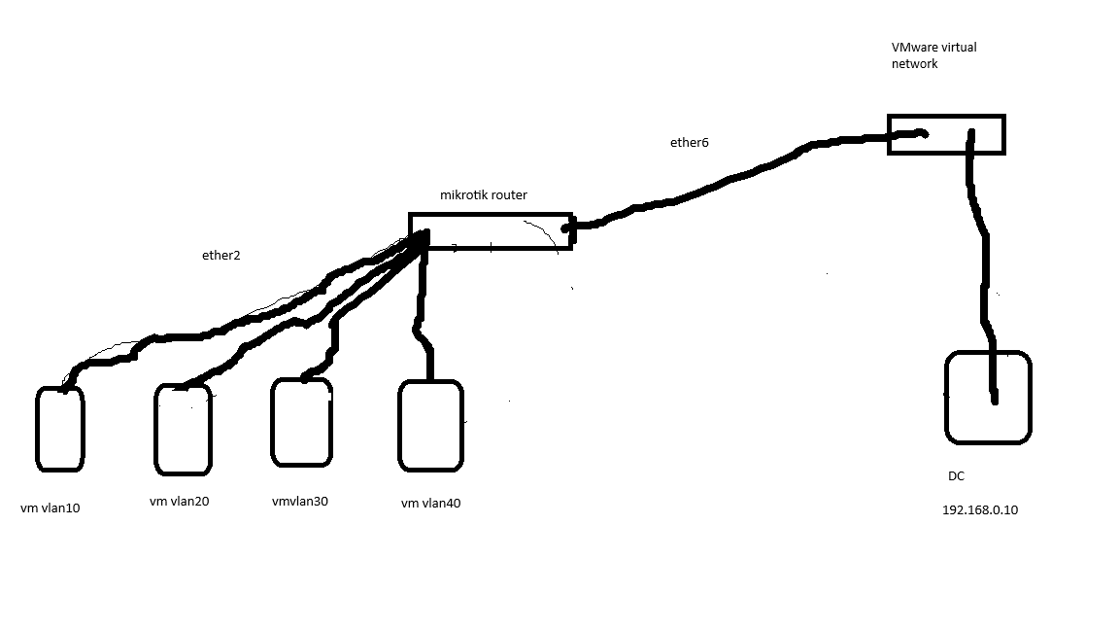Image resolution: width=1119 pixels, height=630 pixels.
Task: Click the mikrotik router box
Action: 491,214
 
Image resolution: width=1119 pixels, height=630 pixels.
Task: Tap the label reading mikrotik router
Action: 483,195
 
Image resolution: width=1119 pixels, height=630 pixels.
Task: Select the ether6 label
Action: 689,143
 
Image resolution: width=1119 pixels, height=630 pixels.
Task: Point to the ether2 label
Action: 220,256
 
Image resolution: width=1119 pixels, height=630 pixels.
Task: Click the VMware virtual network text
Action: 933,55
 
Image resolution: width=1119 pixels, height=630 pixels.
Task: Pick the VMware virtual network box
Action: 946,116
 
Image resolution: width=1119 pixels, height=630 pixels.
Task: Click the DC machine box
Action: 946,397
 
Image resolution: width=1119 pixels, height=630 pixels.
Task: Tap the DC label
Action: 956,476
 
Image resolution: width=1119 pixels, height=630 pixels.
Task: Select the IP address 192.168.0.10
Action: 980,510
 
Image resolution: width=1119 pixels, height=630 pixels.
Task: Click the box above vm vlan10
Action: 37,430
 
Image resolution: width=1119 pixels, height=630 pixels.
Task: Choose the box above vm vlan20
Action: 155,430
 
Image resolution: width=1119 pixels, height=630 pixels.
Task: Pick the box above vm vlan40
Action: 399,427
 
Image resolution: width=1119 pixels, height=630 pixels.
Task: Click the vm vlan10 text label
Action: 50,508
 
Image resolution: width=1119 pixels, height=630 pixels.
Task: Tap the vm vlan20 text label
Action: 179,502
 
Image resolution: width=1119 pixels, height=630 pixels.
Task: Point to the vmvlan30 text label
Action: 300,502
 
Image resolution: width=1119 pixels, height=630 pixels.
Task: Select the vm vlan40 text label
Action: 430,504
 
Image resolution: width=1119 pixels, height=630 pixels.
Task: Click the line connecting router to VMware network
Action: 742,175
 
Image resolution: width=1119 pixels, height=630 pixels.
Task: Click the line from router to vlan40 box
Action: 422,307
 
